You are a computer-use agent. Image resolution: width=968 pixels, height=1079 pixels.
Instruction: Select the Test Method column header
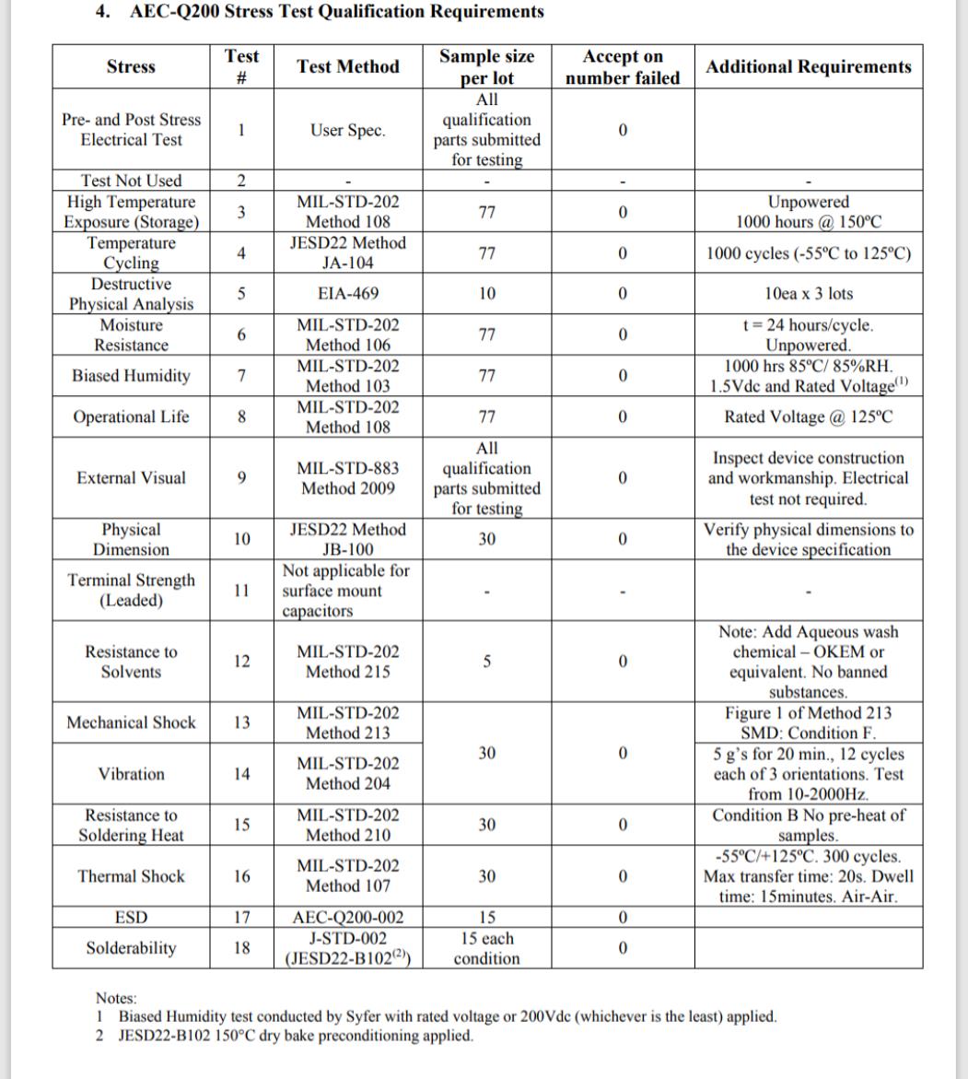[x=348, y=66]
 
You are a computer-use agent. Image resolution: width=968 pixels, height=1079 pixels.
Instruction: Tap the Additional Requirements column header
[x=808, y=66]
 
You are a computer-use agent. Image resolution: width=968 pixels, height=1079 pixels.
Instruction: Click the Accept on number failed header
[x=623, y=67]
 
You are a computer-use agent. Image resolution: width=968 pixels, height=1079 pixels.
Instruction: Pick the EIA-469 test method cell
[x=348, y=294]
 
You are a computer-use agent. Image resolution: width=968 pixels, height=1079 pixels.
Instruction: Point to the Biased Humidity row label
[x=131, y=376]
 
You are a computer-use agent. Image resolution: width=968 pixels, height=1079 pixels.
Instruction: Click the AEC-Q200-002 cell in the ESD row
[x=348, y=918]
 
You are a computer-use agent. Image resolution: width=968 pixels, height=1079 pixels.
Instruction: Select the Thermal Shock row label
[x=131, y=876]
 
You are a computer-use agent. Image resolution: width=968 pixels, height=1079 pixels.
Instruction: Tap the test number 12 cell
[x=241, y=662]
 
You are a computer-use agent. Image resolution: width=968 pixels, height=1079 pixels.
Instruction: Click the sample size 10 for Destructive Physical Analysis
[x=487, y=294]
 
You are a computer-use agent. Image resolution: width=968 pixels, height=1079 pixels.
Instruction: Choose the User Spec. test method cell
[x=348, y=130]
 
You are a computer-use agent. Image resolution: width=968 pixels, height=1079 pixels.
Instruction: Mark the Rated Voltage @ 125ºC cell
[x=808, y=416]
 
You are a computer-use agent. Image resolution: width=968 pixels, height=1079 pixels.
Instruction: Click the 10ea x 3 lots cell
[x=808, y=294]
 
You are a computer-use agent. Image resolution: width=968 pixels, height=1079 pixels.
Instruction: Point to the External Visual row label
[x=131, y=477]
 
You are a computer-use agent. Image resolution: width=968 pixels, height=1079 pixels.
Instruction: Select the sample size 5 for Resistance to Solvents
[x=487, y=662]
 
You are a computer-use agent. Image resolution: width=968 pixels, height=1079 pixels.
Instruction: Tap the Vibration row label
[x=131, y=774]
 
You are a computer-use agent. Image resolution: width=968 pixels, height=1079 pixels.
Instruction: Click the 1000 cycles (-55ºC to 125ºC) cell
[x=808, y=253]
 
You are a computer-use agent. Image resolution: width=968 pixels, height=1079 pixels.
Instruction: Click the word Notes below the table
[x=116, y=998]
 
